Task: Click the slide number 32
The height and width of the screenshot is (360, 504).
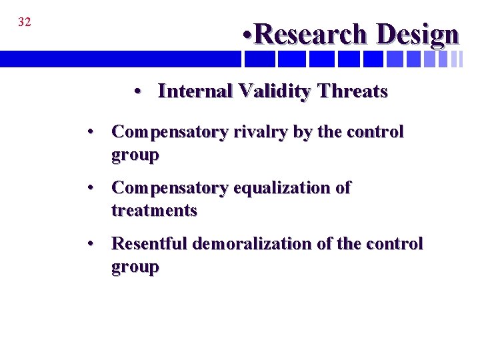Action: coord(24,22)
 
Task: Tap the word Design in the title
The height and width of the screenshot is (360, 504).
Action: coord(417,35)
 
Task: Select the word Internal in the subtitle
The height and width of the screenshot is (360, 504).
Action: coord(195,91)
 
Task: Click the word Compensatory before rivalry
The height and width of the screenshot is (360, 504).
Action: coord(169,132)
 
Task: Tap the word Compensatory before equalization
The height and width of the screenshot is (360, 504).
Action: coord(169,188)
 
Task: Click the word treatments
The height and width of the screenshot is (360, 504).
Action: coord(154,211)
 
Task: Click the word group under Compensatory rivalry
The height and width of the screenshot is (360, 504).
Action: coord(135,156)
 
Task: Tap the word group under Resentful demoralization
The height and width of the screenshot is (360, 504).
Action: coord(135,267)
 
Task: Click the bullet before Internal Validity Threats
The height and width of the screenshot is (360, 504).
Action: coord(137,92)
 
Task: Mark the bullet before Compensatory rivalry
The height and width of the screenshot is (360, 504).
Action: coord(91,132)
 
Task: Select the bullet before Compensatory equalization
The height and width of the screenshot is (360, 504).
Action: coord(91,188)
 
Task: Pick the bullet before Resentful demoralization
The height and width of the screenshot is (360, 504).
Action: coord(91,244)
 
